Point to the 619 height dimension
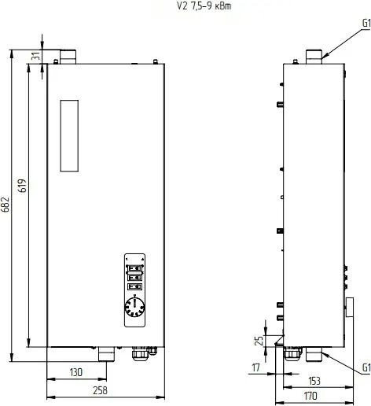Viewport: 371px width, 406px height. pos(23,186)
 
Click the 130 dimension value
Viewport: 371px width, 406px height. pos(76,371)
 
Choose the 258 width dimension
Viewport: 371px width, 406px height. pos(99,390)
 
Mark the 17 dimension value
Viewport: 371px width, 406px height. pos(256,367)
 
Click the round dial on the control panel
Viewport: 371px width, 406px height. pos(134,307)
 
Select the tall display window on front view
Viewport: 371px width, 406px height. pos(71,135)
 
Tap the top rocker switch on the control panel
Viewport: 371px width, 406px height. pos(134,267)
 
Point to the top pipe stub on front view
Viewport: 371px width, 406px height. pos(65,57)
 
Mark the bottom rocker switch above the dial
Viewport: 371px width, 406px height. pos(134,287)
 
